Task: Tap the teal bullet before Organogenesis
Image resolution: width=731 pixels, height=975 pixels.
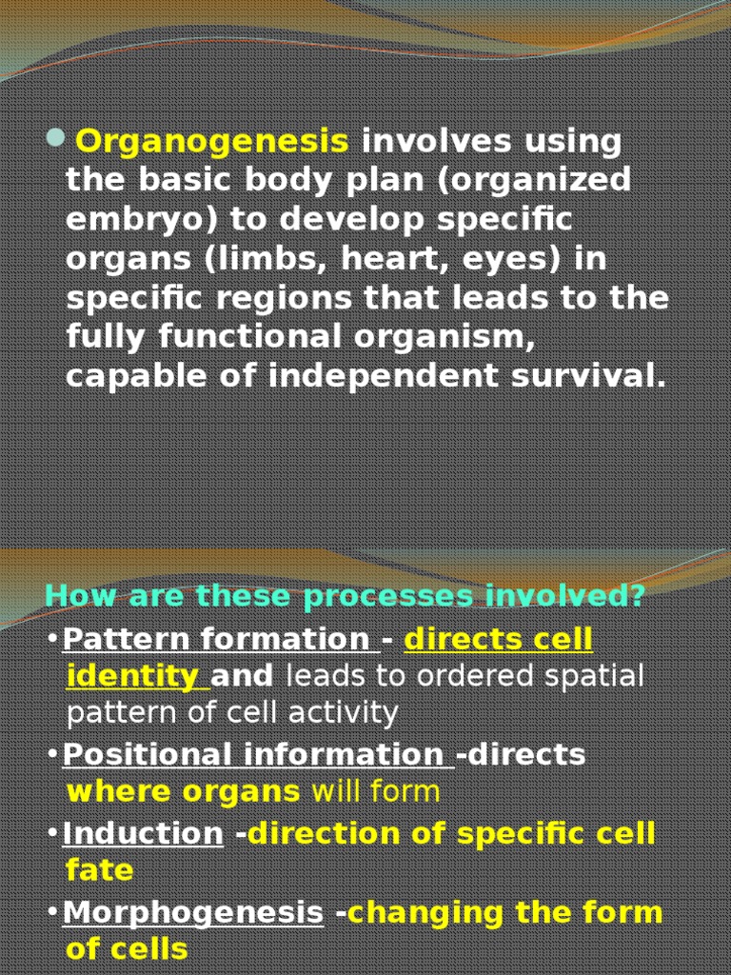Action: pyautogui.click(x=55, y=139)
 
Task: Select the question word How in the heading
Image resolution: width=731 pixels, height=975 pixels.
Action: pyautogui.click(x=73, y=597)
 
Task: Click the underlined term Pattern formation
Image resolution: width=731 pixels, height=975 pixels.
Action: pyautogui.click(x=215, y=639)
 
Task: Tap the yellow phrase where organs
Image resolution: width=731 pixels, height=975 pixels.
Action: pyautogui.click(x=183, y=792)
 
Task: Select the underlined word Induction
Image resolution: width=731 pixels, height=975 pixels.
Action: pyautogui.click(x=142, y=834)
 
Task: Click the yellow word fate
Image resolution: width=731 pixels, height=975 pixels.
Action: pyautogui.click(x=99, y=870)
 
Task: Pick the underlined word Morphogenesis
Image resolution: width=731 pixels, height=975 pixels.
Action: pyautogui.click(x=192, y=912)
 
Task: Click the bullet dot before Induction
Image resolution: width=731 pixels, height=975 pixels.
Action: pyautogui.click(x=51, y=835)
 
